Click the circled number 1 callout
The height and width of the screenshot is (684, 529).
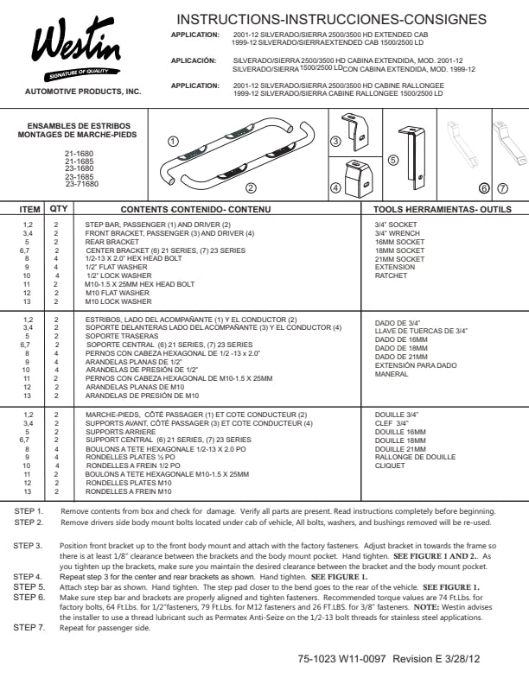(174, 141)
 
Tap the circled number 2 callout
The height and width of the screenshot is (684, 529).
(251, 187)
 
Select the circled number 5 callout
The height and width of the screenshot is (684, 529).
(393, 160)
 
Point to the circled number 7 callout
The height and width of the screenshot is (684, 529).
(502, 187)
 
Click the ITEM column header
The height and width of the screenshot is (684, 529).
(30, 209)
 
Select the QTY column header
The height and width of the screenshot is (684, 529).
(59, 209)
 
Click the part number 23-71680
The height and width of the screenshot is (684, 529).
(81, 184)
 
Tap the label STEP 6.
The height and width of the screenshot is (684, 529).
(29, 597)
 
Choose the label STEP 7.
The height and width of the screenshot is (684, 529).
(29, 627)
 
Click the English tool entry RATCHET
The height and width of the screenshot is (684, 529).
(391, 276)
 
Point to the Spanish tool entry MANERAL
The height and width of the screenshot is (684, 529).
(392, 375)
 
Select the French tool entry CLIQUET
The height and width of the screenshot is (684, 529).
(391, 465)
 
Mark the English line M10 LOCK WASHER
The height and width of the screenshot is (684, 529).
(118, 302)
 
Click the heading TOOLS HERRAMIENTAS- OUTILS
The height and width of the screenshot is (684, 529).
(442, 209)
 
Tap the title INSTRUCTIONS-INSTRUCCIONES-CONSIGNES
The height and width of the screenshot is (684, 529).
(331, 19)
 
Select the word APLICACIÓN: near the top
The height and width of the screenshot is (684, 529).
(194, 60)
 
